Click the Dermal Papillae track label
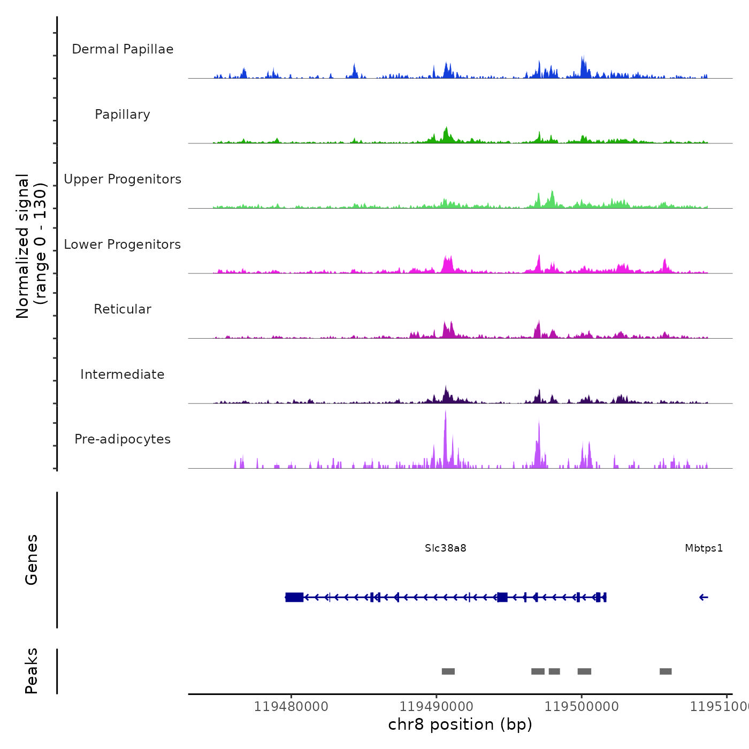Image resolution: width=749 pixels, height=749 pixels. (x=123, y=49)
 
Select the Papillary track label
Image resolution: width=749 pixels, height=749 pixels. (x=123, y=114)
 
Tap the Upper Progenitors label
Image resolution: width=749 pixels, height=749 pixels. (x=123, y=179)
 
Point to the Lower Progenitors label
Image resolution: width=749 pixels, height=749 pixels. (x=123, y=244)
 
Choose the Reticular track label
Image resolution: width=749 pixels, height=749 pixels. (x=123, y=309)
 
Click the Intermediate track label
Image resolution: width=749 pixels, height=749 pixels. (x=123, y=374)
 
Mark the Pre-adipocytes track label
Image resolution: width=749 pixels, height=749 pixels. (x=123, y=439)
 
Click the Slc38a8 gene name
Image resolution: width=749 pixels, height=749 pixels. (x=446, y=548)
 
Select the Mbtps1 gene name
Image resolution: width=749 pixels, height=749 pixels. (x=704, y=548)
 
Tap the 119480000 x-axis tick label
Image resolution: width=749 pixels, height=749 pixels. (x=291, y=707)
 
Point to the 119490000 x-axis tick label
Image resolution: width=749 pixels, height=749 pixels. (x=437, y=707)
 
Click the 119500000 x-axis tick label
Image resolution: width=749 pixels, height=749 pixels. (x=582, y=707)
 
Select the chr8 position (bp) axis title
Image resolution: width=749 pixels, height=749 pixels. (x=460, y=724)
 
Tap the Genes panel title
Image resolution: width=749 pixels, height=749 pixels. (x=32, y=560)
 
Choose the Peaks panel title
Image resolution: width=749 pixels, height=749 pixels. (x=32, y=671)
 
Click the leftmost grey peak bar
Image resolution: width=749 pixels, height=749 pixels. (x=448, y=671)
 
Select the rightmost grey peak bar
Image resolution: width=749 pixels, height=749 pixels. (x=666, y=671)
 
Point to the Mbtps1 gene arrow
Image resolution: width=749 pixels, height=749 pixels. (x=704, y=598)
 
